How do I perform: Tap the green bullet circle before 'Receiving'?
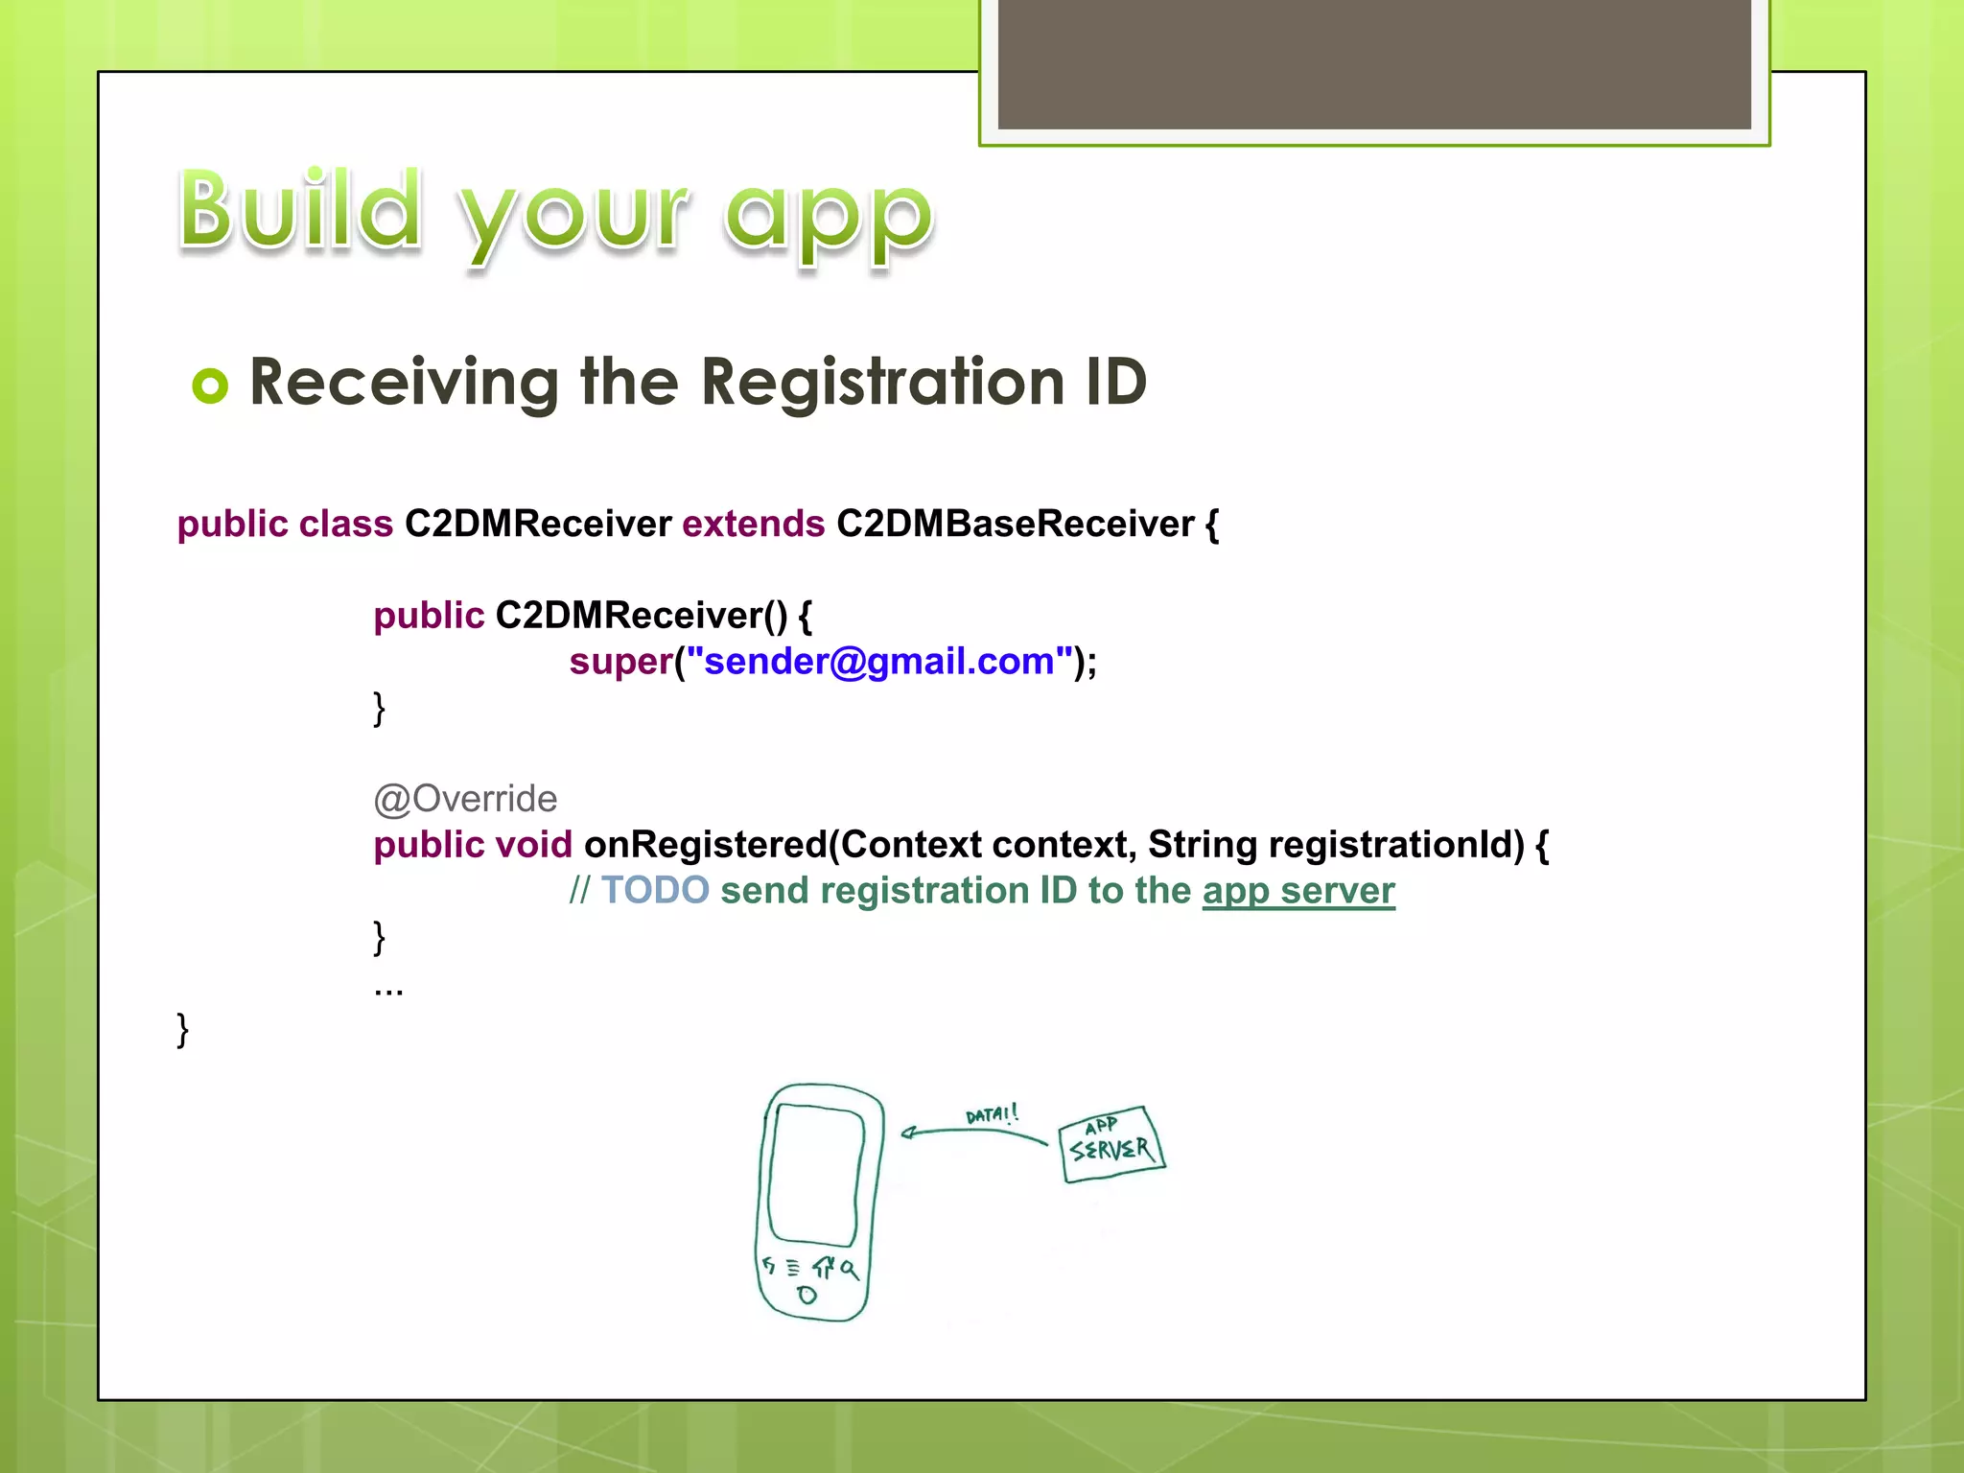[210, 386]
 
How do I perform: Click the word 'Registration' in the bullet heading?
[882, 382]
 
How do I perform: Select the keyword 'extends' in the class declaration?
[753, 524]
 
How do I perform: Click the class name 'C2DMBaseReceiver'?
[1015, 524]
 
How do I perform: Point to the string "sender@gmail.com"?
[878, 662]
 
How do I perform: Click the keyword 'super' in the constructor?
[620, 662]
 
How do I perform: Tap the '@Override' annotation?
[465, 799]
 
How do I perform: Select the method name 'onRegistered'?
[705, 845]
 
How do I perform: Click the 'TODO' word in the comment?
[655, 891]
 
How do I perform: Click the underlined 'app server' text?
[1298, 891]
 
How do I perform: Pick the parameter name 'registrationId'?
[1395, 845]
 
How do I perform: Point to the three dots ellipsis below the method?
[388, 991]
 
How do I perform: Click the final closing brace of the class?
[183, 1030]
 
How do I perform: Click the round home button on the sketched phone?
[807, 1296]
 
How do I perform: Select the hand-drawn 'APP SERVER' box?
[1111, 1143]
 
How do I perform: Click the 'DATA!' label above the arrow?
[992, 1114]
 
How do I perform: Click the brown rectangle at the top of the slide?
[1373, 63]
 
